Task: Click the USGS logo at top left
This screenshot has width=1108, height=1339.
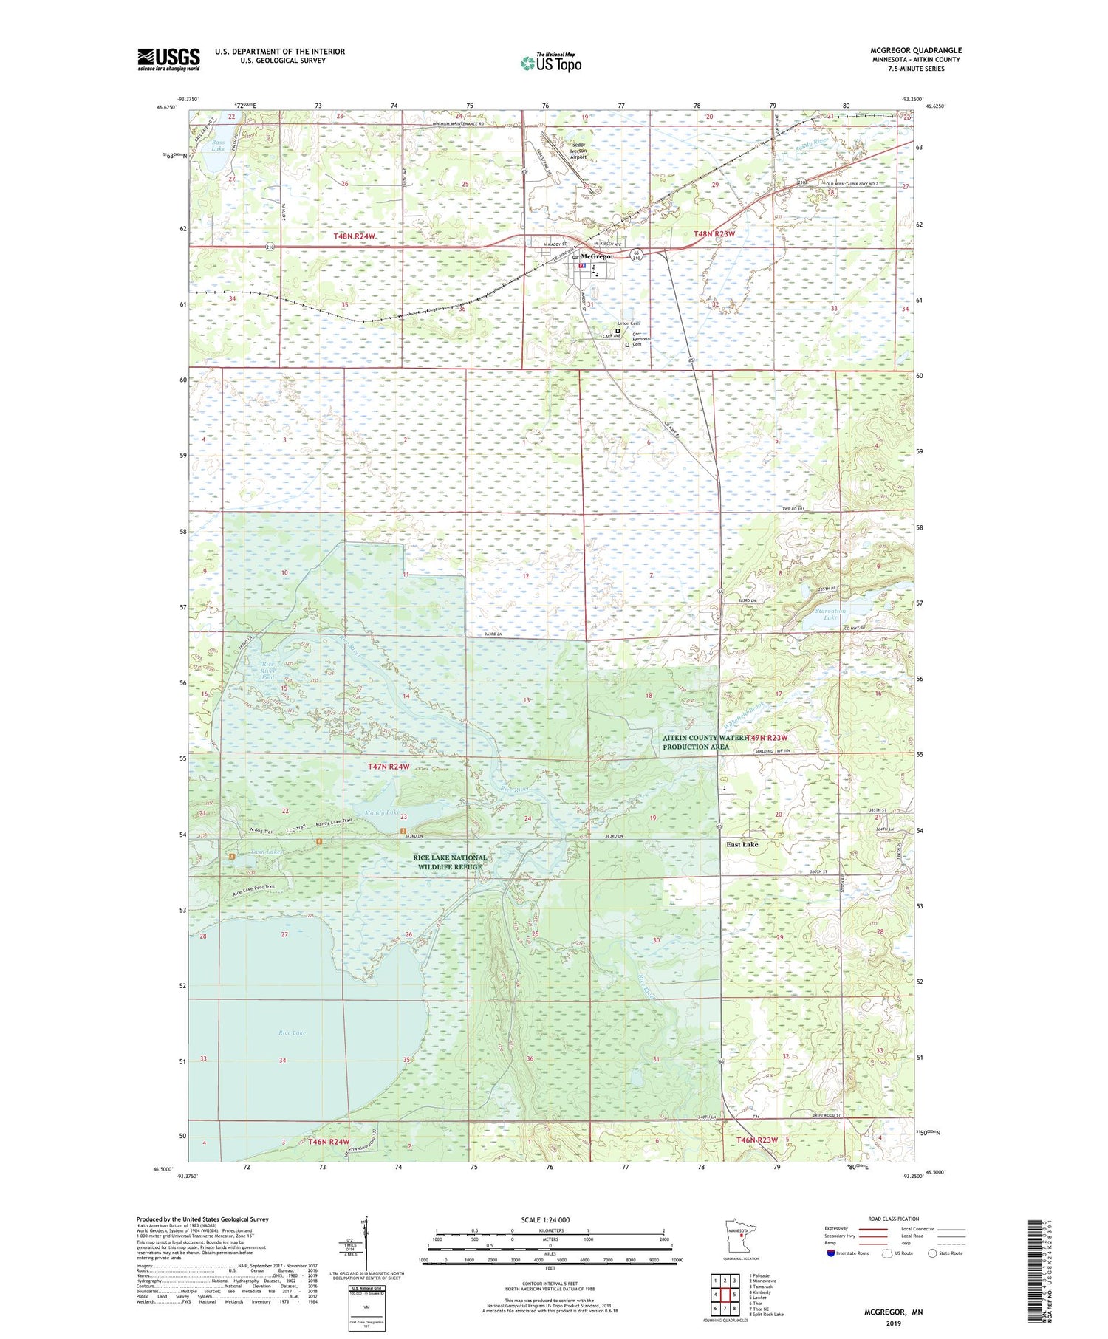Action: click(x=168, y=59)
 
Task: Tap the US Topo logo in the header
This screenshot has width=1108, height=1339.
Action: click(x=550, y=64)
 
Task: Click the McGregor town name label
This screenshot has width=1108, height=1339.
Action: click(x=597, y=256)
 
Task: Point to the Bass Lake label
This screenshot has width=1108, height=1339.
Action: click(x=218, y=145)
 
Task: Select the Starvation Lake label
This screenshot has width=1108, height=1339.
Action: click(x=830, y=614)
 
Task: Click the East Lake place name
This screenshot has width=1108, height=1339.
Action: click(x=742, y=844)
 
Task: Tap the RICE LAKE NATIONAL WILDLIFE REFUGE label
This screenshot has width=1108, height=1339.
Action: click(x=450, y=862)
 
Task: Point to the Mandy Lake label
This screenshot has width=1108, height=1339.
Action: click(x=382, y=812)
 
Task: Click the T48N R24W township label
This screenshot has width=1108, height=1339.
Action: click(x=355, y=236)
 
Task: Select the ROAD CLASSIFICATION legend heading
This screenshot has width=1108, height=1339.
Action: click(x=894, y=1219)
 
